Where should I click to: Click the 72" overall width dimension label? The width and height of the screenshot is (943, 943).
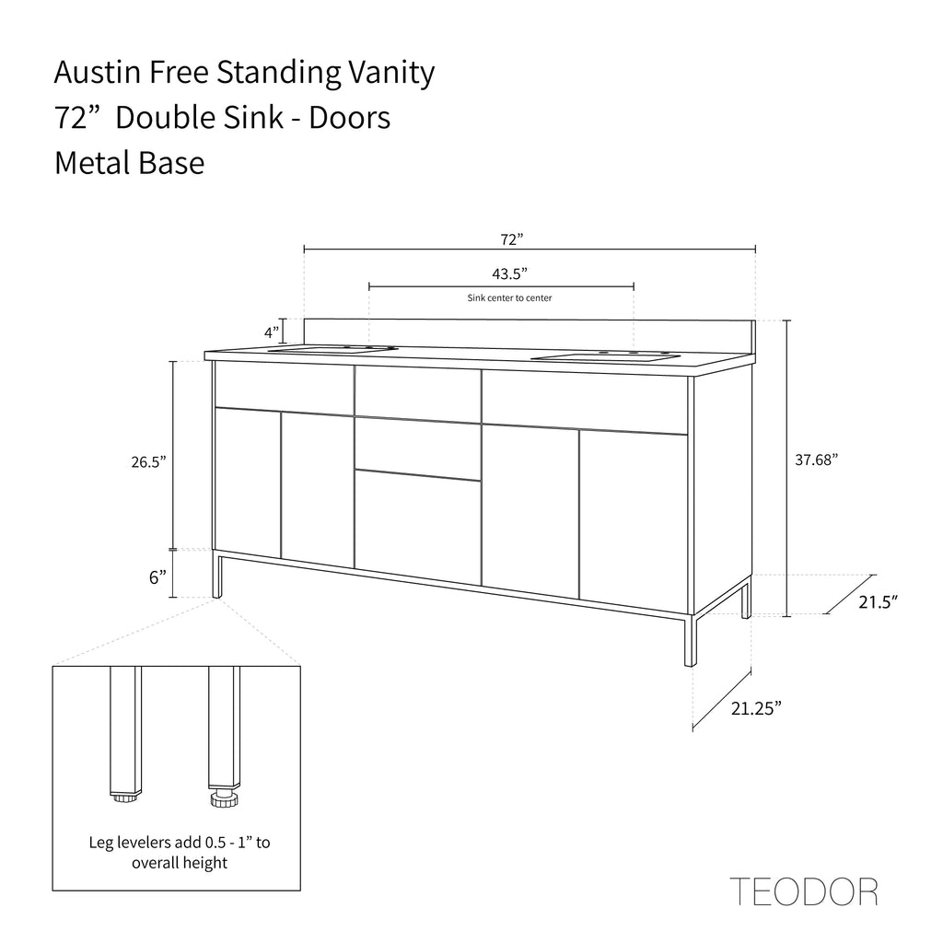pyautogui.click(x=511, y=239)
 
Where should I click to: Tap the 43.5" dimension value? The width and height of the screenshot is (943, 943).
pyautogui.click(x=509, y=274)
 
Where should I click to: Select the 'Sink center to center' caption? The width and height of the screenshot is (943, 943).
pyautogui.click(x=509, y=297)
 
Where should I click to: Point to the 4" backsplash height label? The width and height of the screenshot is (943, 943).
pyautogui.click(x=272, y=332)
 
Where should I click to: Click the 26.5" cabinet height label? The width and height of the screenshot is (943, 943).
pyautogui.click(x=148, y=462)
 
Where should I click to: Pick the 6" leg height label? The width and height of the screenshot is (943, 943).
pyautogui.click(x=157, y=577)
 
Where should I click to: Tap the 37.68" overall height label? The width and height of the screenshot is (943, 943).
pyautogui.click(x=816, y=460)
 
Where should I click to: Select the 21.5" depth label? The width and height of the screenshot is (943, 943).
pyautogui.click(x=878, y=601)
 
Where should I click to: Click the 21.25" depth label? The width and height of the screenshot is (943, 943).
pyautogui.click(x=756, y=708)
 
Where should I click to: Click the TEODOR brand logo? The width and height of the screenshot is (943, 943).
pyautogui.click(x=804, y=891)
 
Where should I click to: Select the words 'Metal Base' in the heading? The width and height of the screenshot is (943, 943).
pyautogui.click(x=129, y=163)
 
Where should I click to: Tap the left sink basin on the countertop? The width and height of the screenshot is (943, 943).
pyautogui.click(x=331, y=349)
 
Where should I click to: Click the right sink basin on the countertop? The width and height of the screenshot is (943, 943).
pyautogui.click(x=606, y=358)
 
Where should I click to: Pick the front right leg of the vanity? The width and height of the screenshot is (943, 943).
pyautogui.click(x=690, y=640)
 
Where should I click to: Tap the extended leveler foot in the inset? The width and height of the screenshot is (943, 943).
pyautogui.click(x=225, y=798)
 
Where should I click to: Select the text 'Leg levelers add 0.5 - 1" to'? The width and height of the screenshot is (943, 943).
pyautogui.click(x=180, y=842)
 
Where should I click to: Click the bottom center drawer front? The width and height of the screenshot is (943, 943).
pyautogui.click(x=418, y=528)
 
